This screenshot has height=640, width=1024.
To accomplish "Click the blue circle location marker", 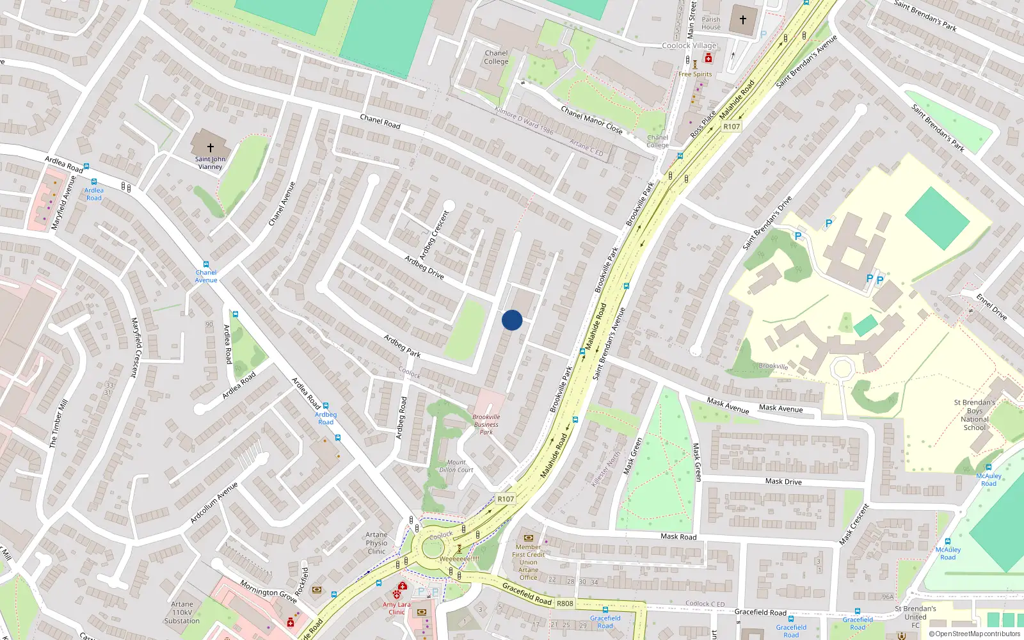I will pyautogui.click(x=512, y=320).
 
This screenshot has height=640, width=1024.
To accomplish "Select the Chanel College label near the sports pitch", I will pyautogui.click(x=496, y=58).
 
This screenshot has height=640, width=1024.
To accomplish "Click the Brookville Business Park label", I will pyautogui.click(x=486, y=424).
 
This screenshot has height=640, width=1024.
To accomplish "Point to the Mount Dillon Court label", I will pyautogui.click(x=456, y=466).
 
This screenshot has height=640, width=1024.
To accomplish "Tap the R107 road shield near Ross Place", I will pyautogui.click(x=732, y=127).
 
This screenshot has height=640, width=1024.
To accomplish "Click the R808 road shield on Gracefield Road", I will pyautogui.click(x=565, y=604).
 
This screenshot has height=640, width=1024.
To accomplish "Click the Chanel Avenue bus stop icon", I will pyautogui.click(x=205, y=264).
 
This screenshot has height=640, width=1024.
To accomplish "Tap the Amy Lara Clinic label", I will pyautogui.click(x=396, y=608).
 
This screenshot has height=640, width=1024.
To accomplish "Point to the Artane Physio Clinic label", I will pyautogui.click(x=376, y=543).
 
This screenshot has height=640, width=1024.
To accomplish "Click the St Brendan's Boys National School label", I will pyautogui.click(x=975, y=415).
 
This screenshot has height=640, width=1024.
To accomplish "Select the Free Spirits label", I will pyautogui.click(x=695, y=74).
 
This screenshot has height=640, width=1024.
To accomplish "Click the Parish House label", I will pyautogui.click(x=711, y=23).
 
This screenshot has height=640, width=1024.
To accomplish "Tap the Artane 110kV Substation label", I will pyautogui.click(x=182, y=612).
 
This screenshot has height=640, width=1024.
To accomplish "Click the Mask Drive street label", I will pyautogui.click(x=783, y=481).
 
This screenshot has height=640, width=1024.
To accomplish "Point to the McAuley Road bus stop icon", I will pyautogui.click(x=989, y=468).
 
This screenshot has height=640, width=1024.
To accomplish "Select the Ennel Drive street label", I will pyautogui.click(x=991, y=307).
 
